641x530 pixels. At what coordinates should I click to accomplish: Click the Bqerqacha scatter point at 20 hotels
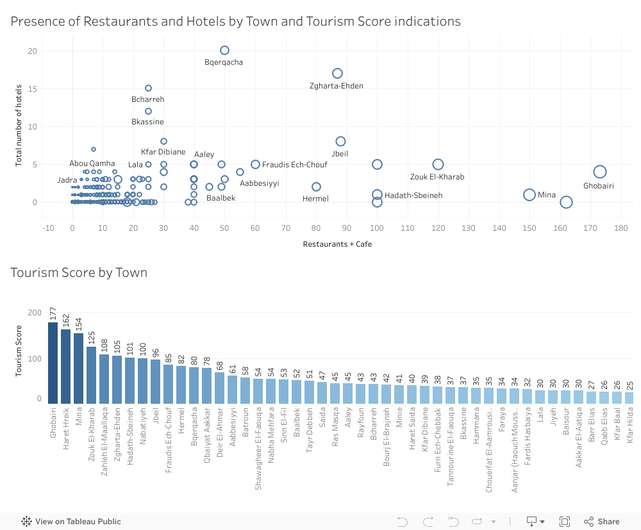click(x=224, y=50)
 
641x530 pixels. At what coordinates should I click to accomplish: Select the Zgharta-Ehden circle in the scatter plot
click(x=337, y=73)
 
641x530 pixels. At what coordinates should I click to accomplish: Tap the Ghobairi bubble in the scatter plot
click(x=600, y=172)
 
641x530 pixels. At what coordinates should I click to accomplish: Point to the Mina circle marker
click(x=529, y=195)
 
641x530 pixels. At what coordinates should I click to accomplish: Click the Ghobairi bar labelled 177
click(x=53, y=363)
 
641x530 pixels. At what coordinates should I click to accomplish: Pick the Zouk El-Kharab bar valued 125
click(x=92, y=375)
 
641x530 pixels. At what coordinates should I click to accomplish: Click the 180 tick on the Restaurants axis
click(x=620, y=228)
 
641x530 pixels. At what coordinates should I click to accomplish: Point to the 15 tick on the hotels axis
click(x=33, y=88)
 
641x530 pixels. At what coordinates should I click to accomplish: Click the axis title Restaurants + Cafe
click(x=337, y=244)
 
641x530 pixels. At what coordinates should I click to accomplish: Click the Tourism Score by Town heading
click(x=79, y=272)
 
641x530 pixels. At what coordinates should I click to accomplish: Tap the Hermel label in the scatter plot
click(x=315, y=199)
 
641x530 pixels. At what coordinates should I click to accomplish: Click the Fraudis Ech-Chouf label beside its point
click(x=294, y=165)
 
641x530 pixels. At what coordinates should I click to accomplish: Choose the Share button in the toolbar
click(x=602, y=521)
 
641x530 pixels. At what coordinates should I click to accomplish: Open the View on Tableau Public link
click(x=71, y=521)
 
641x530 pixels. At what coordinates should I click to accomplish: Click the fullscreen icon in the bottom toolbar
click(x=565, y=521)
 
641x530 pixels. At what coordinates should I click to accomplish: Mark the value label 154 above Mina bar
click(x=79, y=324)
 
